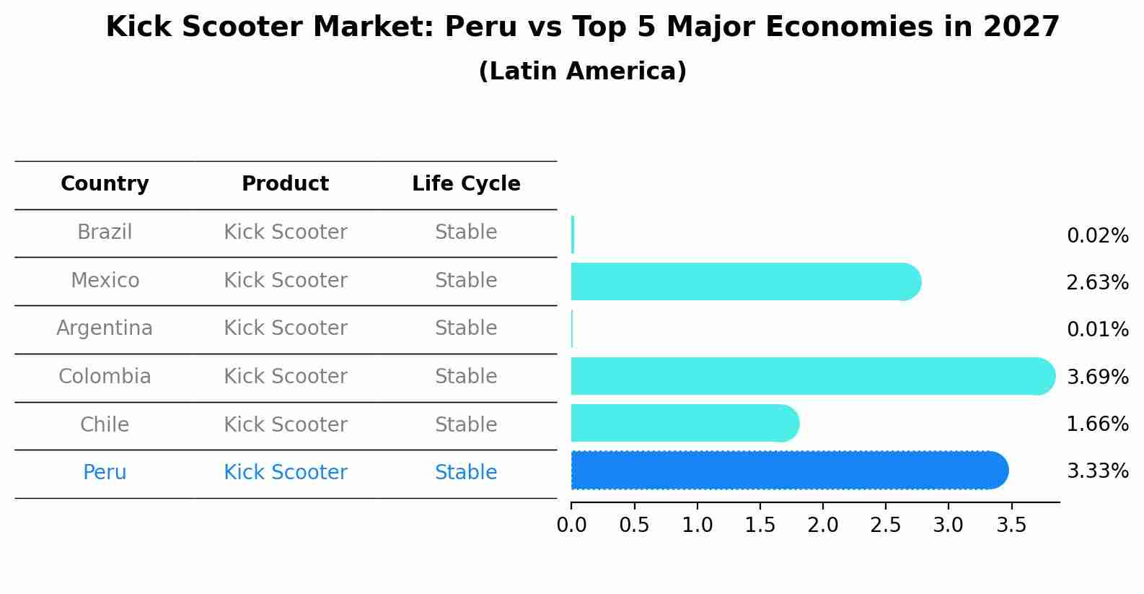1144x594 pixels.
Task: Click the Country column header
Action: coord(105,184)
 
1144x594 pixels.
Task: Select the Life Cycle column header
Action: coord(466,184)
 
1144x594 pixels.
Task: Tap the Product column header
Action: coord(285,184)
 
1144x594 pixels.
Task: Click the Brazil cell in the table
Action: coord(105,232)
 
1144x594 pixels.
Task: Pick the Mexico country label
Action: coord(105,280)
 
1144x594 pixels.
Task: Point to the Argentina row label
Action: coord(105,328)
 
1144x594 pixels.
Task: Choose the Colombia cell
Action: coord(105,377)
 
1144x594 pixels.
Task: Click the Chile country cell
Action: coord(105,424)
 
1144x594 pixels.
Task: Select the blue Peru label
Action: coord(105,473)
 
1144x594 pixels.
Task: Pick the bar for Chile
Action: coord(685,423)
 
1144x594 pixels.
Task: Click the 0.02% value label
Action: coord(1097,236)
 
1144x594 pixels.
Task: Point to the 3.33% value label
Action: coord(1097,471)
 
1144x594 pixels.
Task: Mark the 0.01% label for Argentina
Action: coord(1097,330)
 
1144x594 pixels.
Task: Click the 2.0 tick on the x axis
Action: coord(823,525)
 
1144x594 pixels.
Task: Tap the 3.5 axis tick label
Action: coord(1011,525)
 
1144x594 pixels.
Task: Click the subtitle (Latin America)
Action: coord(582,71)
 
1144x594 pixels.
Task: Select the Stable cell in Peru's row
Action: coord(466,473)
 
